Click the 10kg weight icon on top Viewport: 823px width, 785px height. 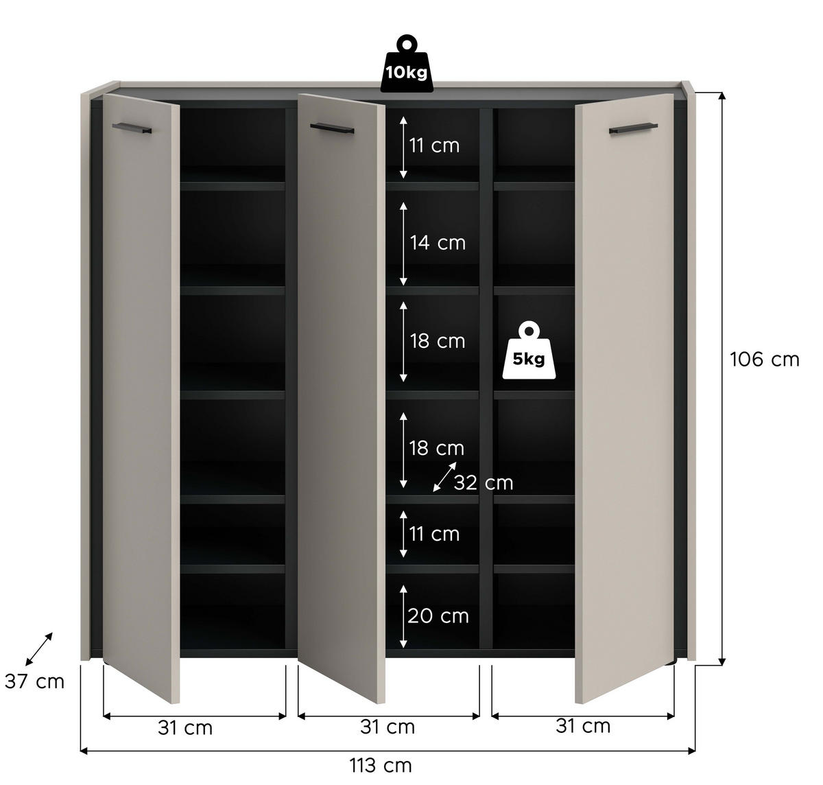point(406,65)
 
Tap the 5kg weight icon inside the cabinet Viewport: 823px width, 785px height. point(528,351)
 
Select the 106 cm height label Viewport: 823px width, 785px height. point(764,360)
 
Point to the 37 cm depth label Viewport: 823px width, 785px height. point(34,681)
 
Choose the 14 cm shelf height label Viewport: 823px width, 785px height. point(438,243)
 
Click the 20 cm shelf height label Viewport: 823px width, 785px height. point(438,616)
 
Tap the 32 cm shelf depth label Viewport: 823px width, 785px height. point(483,483)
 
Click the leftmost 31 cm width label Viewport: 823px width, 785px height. point(185,728)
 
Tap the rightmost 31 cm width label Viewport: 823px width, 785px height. point(583,726)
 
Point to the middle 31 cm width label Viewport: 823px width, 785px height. point(387,727)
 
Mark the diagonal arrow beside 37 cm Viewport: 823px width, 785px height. point(39,649)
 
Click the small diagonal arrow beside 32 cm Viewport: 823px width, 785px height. point(444,478)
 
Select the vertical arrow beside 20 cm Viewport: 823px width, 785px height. point(404,616)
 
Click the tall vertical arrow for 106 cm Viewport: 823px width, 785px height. point(721,378)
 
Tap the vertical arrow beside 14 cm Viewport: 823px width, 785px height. point(404,244)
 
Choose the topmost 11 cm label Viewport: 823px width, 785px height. point(434,145)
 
